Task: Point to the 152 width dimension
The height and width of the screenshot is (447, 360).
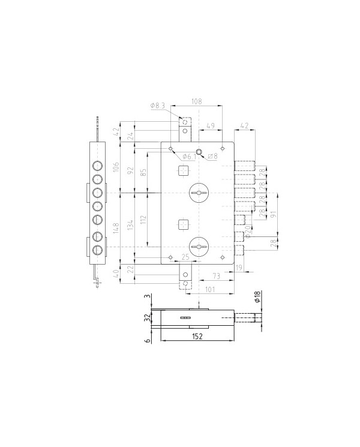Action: point(197,337)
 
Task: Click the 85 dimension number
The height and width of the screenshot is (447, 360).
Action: point(143,173)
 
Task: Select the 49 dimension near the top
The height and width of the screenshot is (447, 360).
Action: point(211,126)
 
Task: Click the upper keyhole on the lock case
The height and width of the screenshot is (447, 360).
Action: point(197,192)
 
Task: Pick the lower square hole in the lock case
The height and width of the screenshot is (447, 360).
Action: point(183,224)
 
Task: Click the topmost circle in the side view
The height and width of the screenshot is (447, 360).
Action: point(97,166)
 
